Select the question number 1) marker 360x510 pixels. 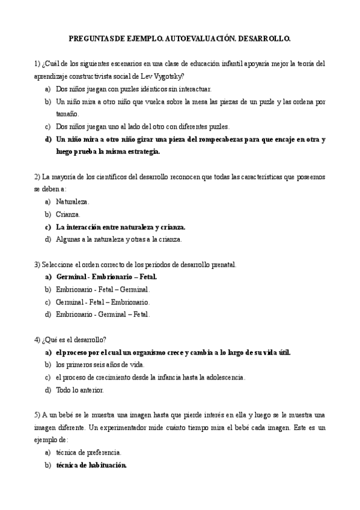pyautogui.click(x=37, y=63)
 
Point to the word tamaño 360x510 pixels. pyautogui.click(x=67, y=114)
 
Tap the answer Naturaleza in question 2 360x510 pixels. pyautogui.click(x=72, y=202)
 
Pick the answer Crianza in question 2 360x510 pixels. pyautogui.click(x=68, y=214)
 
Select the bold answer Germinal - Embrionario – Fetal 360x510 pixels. pyautogui.click(x=106, y=277)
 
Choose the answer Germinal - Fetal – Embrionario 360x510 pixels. pyautogui.click(x=103, y=302)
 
